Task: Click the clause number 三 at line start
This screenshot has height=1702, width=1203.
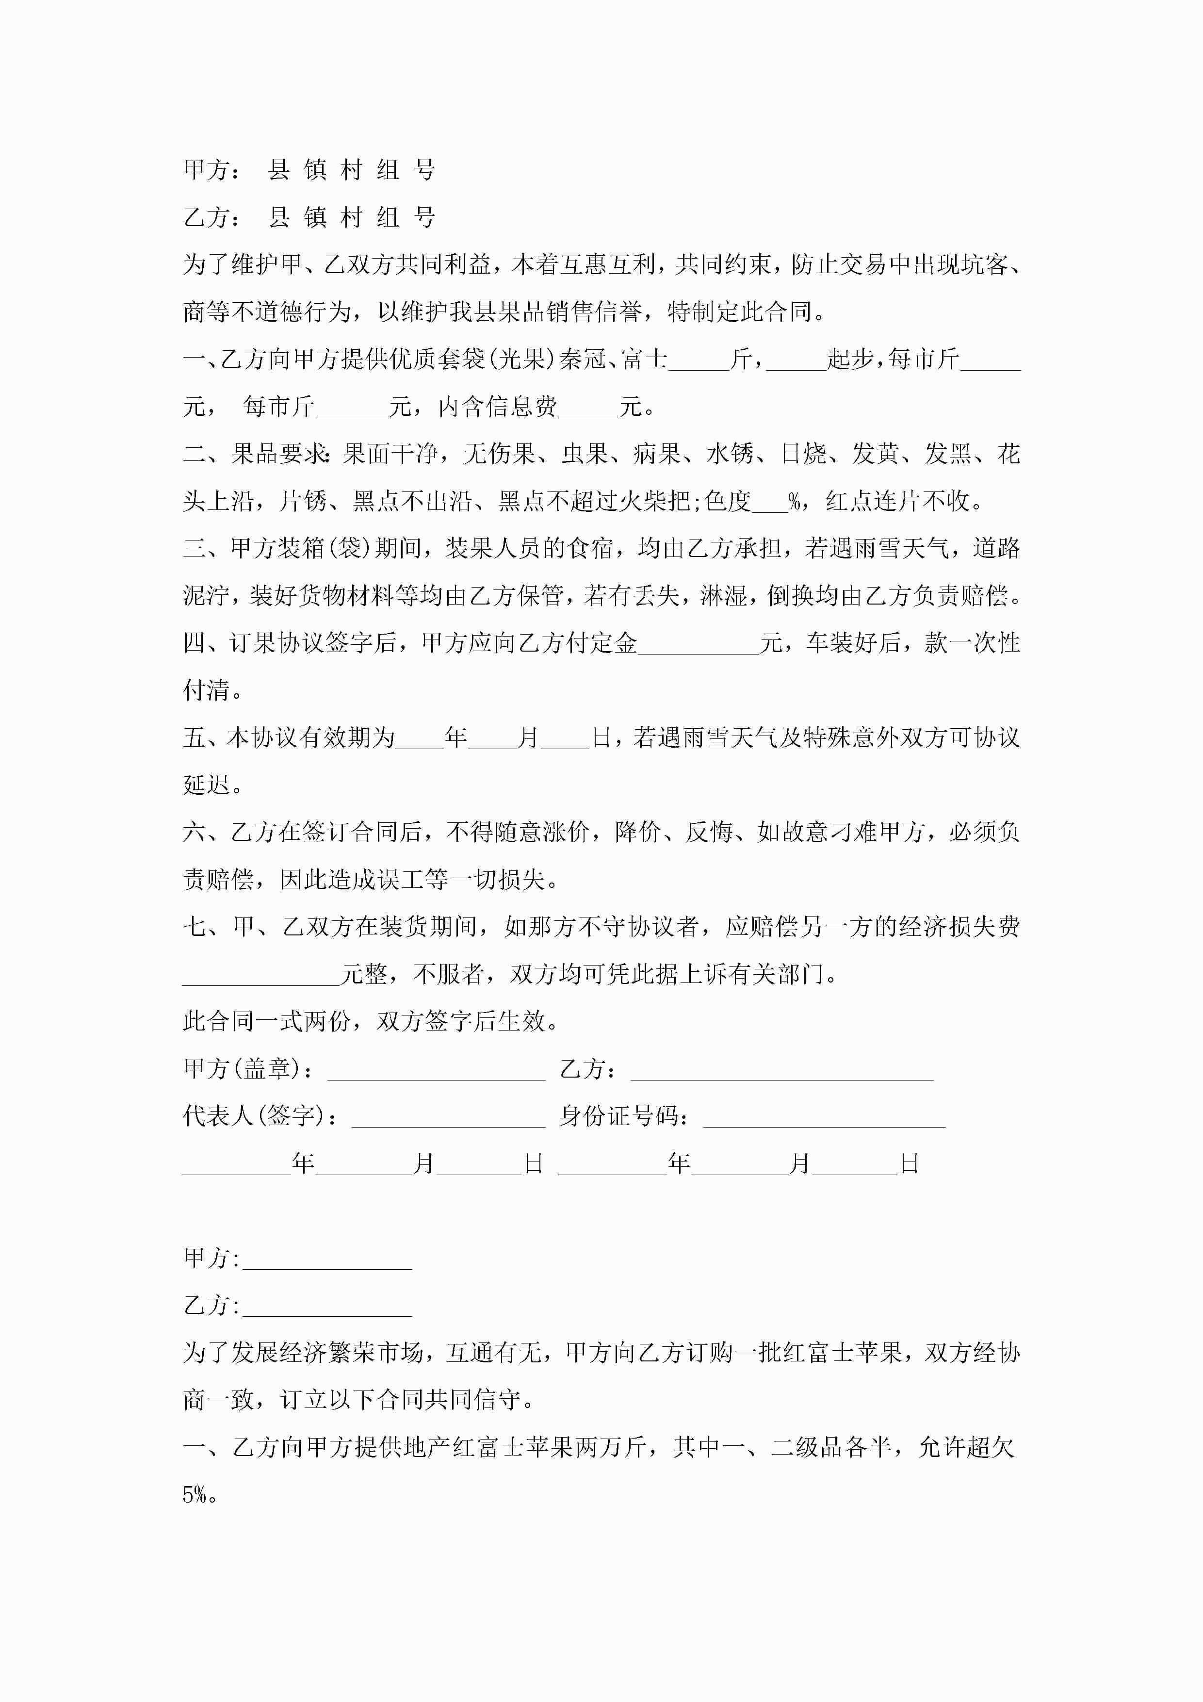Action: (x=194, y=549)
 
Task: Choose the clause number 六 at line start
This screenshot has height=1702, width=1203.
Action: (x=194, y=833)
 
